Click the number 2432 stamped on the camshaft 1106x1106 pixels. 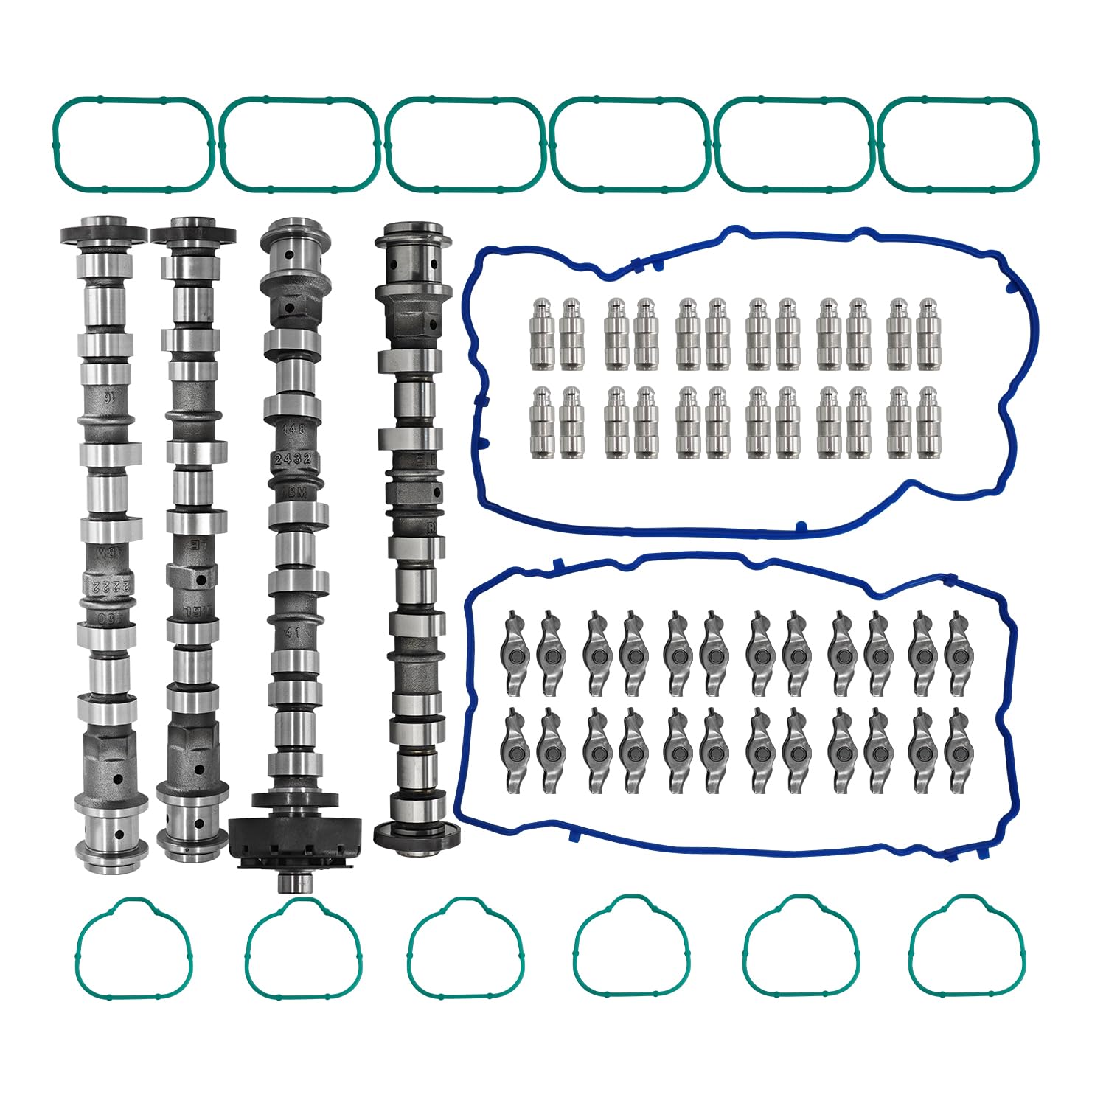(293, 459)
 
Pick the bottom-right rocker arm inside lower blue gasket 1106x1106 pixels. (957, 750)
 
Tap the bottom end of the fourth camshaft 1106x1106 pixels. (418, 837)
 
